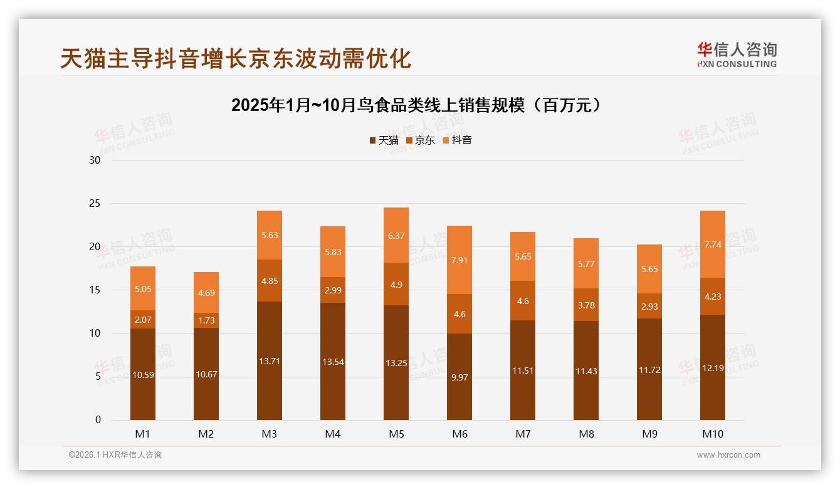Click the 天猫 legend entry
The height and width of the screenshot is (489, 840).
(384, 140)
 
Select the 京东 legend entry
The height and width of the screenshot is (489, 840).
(420, 140)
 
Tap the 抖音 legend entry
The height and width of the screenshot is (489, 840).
(457, 140)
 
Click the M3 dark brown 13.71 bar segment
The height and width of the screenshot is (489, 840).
(270, 360)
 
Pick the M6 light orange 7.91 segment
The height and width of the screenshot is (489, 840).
(459, 260)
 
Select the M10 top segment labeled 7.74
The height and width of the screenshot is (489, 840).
(713, 244)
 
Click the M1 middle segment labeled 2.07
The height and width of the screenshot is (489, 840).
(143, 320)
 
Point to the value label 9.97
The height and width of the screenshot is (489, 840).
(459, 377)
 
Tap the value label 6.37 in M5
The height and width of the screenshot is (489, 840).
(396, 236)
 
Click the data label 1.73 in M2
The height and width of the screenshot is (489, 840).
(206, 320)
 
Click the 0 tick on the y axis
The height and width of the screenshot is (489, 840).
(98, 420)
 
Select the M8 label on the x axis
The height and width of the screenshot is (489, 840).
(586, 434)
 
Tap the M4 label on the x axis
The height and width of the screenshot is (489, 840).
(333, 434)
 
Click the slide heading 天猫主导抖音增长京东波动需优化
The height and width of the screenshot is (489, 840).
(236, 58)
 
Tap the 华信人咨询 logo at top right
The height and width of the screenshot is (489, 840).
(737, 55)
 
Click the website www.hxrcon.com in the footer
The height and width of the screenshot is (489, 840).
(728, 455)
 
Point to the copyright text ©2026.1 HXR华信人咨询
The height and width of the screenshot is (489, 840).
(115, 455)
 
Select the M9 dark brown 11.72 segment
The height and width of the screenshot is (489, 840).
(649, 369)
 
